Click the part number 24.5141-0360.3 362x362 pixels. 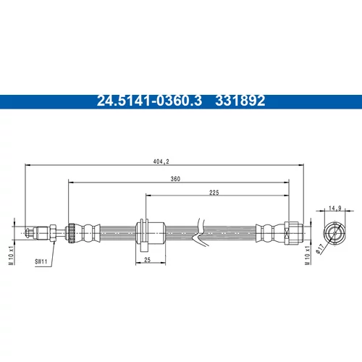(149, 101)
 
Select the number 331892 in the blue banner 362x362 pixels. (240, 101)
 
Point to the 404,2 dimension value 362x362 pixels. (161, 161)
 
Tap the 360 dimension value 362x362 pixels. (175, 179)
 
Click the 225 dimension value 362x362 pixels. (214, 193)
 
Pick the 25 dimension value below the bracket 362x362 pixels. (147, 260)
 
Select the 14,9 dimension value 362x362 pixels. (335, 208)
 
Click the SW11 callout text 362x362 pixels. (41, 261)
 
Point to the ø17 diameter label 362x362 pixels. (320, 249)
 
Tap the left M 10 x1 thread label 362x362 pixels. (11, 256)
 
